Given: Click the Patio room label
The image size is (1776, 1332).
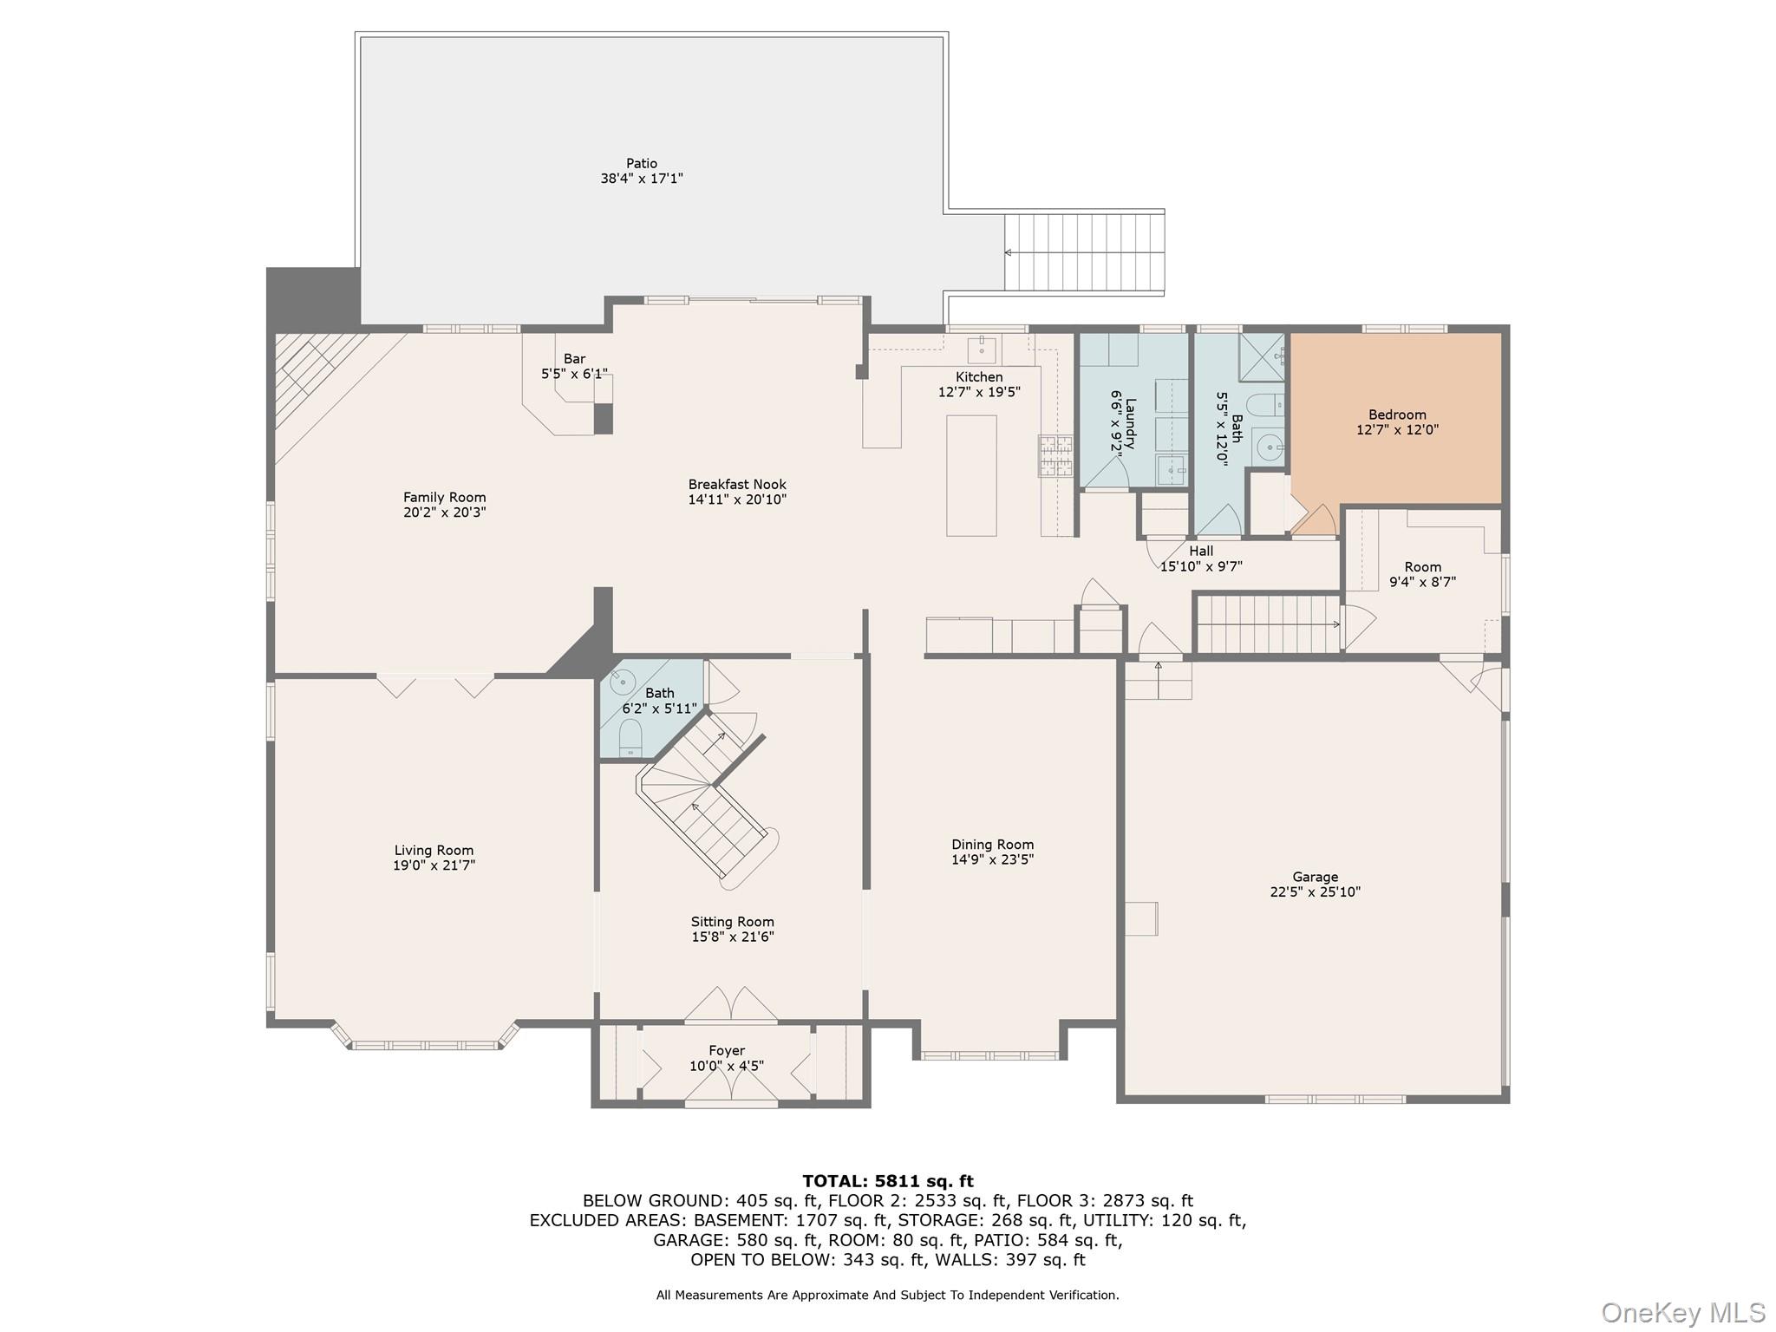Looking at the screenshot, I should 642,163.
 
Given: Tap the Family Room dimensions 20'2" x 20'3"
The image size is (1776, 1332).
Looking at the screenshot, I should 444,513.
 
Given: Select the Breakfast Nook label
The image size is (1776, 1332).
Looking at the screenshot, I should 737,485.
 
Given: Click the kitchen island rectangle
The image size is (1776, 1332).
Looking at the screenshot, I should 971,475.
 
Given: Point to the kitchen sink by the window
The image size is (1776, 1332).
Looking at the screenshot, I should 982,349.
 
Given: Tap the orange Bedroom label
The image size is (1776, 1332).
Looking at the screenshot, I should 1397,415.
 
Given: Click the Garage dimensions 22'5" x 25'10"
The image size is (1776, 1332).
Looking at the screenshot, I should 1315,891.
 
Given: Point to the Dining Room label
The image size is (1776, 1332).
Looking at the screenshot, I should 992,845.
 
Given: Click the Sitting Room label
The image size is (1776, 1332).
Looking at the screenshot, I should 732,922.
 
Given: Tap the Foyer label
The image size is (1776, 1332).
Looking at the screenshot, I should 727,1051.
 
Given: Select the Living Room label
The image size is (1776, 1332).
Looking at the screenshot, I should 434,851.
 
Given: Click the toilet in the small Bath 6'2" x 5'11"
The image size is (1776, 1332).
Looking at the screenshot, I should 630,737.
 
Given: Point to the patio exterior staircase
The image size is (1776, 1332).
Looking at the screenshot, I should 1084,253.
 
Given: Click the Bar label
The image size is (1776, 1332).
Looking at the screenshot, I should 574,359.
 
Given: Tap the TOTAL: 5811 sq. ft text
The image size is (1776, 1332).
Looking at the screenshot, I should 887,1181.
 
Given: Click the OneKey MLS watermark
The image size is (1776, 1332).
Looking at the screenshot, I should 1682,1313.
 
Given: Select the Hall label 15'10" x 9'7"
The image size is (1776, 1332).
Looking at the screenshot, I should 1201,551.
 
